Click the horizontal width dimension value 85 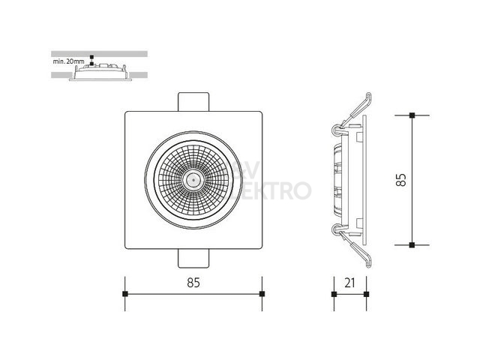tap(193, 283)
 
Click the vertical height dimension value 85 tap(400, 180)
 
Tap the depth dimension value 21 tap(349, 283)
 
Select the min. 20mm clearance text tap(68, 61)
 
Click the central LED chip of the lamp tap(193, 180)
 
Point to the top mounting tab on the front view tap(193, 102)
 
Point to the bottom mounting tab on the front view tap(193, 259)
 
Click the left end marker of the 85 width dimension tap(125, 294)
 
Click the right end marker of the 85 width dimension tap(262, 294)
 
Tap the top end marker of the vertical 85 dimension tap(412, 115)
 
